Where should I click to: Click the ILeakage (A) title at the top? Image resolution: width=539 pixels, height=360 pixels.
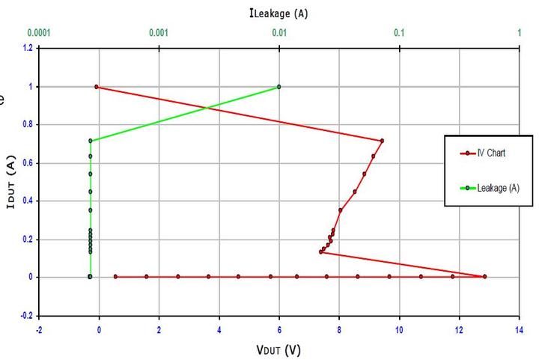[278, 13]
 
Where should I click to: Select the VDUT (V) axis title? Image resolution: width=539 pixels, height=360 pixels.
[278, 349]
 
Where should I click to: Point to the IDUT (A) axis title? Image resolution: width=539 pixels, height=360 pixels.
[10, 182]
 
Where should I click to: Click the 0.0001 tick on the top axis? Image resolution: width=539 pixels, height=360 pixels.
[39, 33]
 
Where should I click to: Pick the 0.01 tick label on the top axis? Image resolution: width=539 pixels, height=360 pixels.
[279, 33]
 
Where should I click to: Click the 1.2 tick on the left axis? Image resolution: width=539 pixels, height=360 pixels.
[28, 48]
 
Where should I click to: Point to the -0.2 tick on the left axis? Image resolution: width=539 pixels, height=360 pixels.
[26, 315]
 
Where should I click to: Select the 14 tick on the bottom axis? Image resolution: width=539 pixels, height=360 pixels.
[519, 328]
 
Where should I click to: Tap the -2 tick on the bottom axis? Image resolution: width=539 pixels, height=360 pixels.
[38, 328]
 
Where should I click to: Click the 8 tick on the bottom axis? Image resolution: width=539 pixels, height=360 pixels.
[339, 328]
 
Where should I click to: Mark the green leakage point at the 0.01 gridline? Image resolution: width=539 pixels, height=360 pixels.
[279, 87]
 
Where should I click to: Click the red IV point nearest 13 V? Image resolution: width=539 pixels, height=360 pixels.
[484, 277]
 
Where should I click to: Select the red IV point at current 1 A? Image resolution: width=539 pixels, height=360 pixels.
[97, 87]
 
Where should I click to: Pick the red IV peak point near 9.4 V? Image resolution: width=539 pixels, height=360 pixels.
[382, 141]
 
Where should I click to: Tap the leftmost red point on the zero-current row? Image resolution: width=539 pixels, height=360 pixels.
[115, 277]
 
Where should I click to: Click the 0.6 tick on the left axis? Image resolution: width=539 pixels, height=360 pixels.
[28, 162]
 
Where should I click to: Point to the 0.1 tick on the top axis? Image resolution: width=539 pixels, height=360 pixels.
[399, 33]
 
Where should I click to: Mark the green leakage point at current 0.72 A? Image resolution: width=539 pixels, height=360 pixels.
[91, 141]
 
